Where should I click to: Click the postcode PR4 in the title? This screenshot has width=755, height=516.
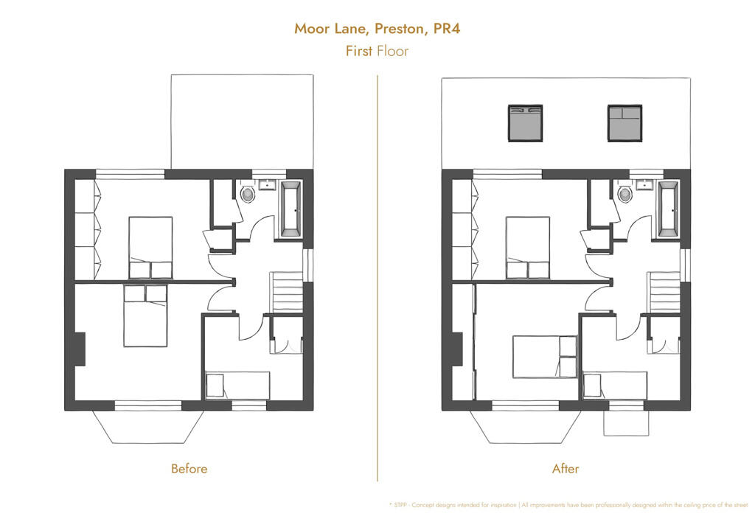(450, 29)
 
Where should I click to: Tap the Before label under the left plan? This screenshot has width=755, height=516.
(189, 468)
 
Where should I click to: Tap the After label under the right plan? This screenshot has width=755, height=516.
(566, 468)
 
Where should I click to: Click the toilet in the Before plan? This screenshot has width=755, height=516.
(248, 195)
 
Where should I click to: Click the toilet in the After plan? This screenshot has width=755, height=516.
(625, 195)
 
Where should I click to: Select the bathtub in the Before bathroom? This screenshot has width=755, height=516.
(290, 209)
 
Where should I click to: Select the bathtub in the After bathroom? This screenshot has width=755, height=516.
(668, 209)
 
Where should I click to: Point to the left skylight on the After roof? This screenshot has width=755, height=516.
(525, 123)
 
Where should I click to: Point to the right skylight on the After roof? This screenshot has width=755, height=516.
(625, 123)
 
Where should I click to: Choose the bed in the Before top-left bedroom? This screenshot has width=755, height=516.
(150, 247)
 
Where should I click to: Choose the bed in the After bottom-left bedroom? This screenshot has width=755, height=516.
(544, 356)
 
